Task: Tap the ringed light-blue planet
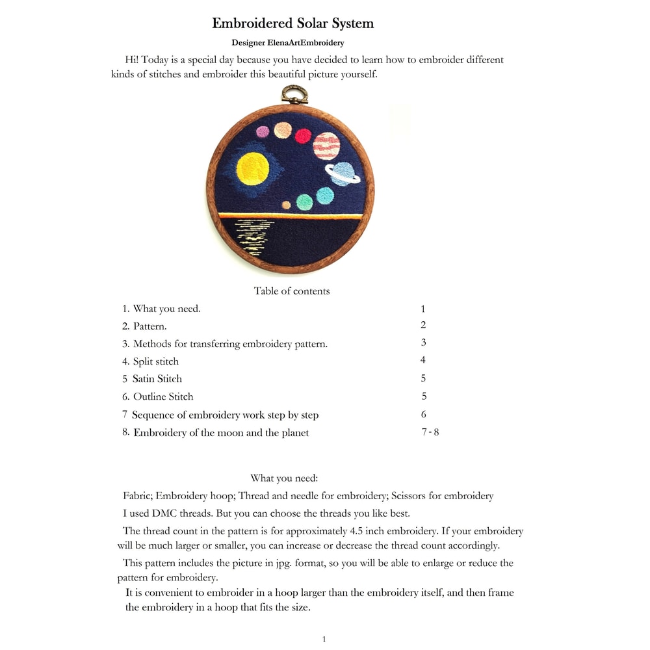343,174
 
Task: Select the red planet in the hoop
304,136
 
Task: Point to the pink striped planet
326,146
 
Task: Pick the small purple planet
263,132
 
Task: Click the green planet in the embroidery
304,202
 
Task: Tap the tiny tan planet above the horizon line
286,205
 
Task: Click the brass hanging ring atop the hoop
293,95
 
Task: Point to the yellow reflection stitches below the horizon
252,237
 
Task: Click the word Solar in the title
308,23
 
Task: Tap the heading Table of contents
292,291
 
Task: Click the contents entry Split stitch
155,361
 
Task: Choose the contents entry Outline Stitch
163,396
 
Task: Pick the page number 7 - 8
430,432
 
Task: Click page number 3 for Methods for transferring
423,343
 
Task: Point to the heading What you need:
284,478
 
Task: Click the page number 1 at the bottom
324,640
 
